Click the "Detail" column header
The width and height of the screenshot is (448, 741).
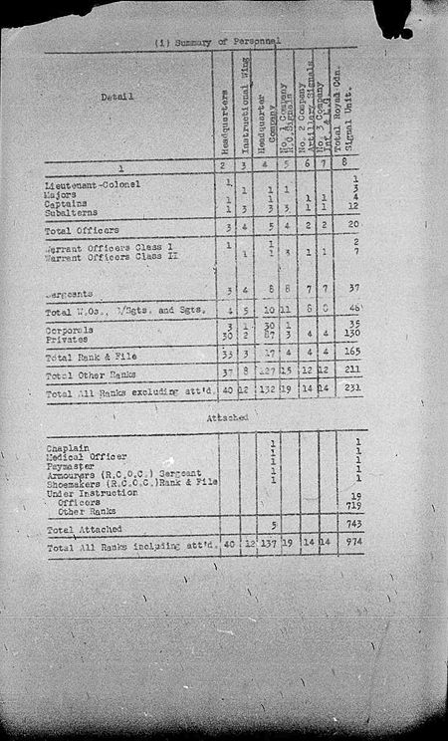117,98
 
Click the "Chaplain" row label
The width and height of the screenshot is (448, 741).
65,447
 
